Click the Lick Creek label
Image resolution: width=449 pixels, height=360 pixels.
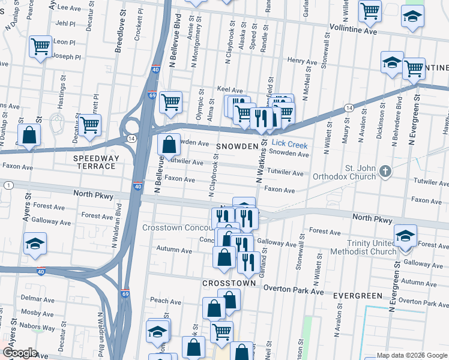289,145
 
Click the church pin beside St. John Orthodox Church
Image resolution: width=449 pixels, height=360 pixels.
385,173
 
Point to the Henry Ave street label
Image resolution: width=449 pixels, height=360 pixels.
302,61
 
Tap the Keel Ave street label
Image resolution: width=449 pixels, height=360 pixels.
229,89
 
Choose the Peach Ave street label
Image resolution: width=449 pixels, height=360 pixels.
166,301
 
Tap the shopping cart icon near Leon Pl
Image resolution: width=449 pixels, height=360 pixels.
40,46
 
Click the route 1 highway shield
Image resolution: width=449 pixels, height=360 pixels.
8,186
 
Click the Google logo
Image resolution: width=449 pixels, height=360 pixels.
20,353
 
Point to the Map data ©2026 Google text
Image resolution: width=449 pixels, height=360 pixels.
411,355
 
